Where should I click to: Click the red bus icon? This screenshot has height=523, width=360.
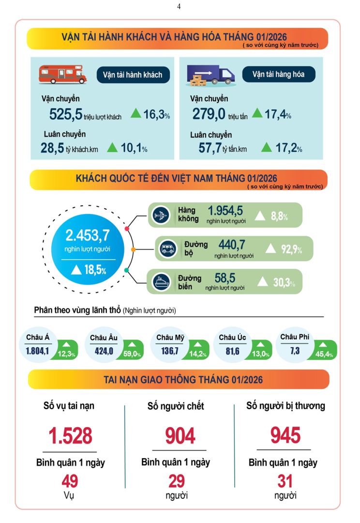pyautogui.click(x=62, y=75)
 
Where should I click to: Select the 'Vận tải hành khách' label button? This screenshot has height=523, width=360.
pyautogui.click(x=133, y=75)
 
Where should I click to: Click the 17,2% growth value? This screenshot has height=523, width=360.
pyautogui.click(x=288, y=148)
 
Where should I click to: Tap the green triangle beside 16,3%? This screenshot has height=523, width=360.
pyautogui.click(x=136, y=114)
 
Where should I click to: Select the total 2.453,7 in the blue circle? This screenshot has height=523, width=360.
pyautogui.click(x=88, y=236)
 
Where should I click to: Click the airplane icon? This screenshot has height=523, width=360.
pyautogui.click(x=161, y=215)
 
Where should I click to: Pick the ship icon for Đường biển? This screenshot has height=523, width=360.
pyautogui.click(x=161, y=282)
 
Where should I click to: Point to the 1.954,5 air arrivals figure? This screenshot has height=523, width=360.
pyautogui.click(x=225, y=211)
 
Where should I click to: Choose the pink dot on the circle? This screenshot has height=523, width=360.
pyautogui.click(x=127, y=228)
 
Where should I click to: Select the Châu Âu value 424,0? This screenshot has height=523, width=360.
pyautogui.click(x=104, y=351)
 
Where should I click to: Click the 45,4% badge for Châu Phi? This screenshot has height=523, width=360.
pyautogui.click(x=325, y=354)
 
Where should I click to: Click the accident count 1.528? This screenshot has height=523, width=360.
pyautogui.click(x=71, y=435)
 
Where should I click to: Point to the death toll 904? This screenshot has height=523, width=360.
pyautogui.click(x=180, y=435)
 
